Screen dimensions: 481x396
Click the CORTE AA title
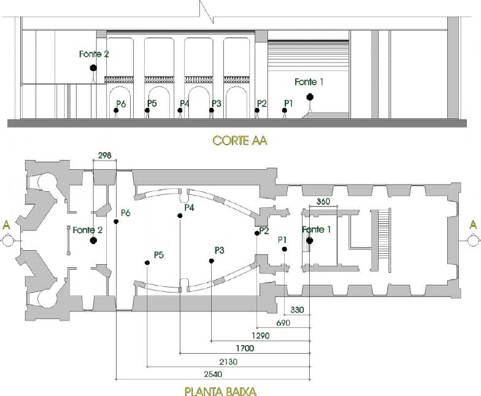coord(239,141)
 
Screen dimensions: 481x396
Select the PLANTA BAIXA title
coord(221,391)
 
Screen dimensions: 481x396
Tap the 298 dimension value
coord(104,156)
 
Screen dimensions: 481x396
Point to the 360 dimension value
coord(323,201)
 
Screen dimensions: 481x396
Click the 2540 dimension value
coord(213,374)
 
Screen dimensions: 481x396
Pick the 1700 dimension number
coord(245,348)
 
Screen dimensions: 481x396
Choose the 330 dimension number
coord(297,310)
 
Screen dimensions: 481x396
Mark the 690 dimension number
coord(283,322)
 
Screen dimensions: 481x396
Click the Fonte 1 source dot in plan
coord(309,240)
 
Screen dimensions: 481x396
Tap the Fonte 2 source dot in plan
coord(93,240)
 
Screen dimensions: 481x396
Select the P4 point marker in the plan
coord(180,216)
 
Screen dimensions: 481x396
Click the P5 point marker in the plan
coord(147,262)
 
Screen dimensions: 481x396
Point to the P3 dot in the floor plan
coord(211,261)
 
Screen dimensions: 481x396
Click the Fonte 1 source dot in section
coord(310,97)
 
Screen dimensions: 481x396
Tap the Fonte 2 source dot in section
coord(93,67)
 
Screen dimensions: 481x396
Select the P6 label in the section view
coord(121,104)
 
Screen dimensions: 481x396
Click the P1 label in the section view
coord(288,103)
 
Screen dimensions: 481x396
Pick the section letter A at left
coord(6,226)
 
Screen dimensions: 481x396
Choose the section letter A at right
coord(474,224)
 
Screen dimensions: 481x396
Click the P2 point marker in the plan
coord(257,233)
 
